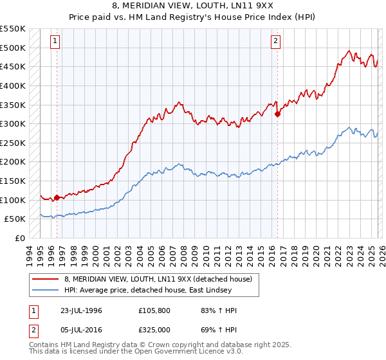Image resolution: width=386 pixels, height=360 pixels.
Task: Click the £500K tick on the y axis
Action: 13,48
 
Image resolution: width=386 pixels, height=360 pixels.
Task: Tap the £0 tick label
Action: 19,238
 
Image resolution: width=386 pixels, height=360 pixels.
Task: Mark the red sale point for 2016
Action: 277,114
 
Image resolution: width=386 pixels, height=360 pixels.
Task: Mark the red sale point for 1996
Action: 57,198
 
